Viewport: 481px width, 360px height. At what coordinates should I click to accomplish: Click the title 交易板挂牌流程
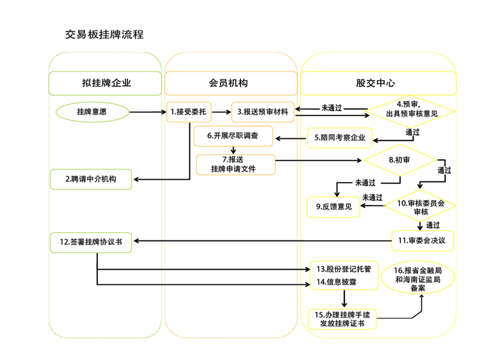click(104, 34)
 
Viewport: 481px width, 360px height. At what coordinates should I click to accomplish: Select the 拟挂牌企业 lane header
click(106, 84)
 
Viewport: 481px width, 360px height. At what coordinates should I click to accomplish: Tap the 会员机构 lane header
click(231, 84)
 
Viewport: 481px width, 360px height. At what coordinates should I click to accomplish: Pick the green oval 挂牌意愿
click(93, 112)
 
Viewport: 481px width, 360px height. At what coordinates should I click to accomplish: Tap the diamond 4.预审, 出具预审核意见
click(412, 112)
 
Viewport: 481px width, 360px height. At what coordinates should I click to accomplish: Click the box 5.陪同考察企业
click(340, 138)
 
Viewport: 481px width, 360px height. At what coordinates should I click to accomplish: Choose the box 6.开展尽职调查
click(233, 136)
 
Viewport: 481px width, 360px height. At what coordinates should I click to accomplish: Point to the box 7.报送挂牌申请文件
click(236, 164)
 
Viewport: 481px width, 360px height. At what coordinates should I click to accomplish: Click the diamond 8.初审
click(399, 160)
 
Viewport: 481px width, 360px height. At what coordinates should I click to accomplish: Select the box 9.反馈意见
click(333, 207)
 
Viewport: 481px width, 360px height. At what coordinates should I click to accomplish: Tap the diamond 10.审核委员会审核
click(420, 207)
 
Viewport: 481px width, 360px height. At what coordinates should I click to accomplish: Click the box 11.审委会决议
click(422, 240)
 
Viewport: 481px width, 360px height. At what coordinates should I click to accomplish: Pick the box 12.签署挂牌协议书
click(91, 242)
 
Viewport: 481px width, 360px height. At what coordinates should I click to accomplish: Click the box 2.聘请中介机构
click(91, 179)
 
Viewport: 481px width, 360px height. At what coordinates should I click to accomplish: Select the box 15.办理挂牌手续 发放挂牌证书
click(342, 319)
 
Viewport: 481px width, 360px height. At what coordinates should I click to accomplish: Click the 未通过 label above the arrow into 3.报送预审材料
click(331, 107)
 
